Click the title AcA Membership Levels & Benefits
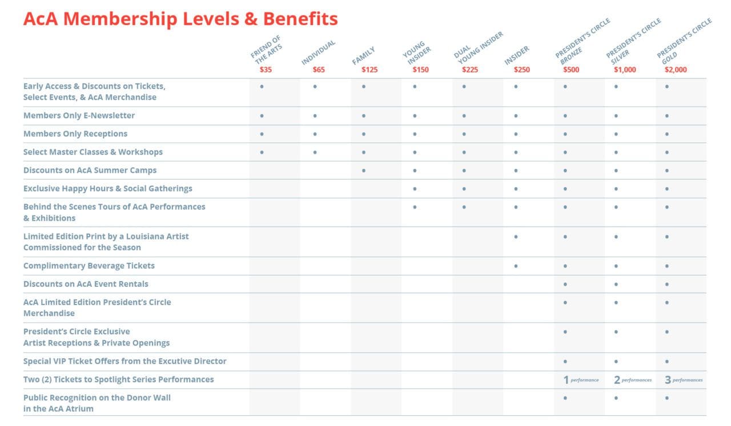click(180, 19)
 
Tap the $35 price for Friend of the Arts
click(266, 70)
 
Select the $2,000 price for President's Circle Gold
click(676, 70)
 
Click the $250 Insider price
click(521, 70)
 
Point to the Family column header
click(364, 56)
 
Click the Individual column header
click(318, 52)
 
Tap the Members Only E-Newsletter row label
click(79, 115)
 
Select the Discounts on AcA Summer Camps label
click(90, 170)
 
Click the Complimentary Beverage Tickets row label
click(89, 266)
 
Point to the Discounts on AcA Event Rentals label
click(86, 284)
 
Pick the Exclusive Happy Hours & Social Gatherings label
click(108, 188)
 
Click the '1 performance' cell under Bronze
click(581, 380)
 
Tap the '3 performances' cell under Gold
click(683, 380)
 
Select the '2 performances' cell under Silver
click(632, 380)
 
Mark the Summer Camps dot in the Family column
click(364, 171)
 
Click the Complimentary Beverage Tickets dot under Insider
click(516, 266)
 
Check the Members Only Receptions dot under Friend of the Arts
click(262, 134)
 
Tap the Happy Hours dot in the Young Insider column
click(415, 189)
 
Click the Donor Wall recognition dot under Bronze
click(565, 398)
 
